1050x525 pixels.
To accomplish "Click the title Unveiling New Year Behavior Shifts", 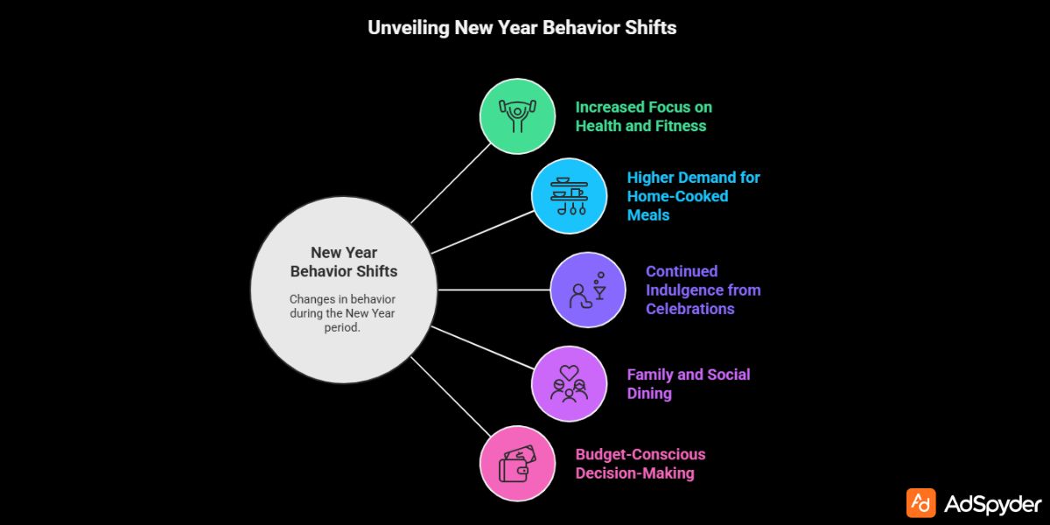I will pos(521,27).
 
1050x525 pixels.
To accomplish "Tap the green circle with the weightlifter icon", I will pos(517,115).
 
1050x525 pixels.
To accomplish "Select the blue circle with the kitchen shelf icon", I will pos(570,195).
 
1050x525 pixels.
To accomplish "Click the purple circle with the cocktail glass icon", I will pos(588,290).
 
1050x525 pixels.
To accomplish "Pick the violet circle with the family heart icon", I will pos(570,383).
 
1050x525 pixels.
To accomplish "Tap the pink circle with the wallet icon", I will pos(517,464).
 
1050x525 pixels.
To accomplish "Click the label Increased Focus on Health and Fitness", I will pos(643,116).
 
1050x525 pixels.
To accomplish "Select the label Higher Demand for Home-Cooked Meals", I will pos(693,196).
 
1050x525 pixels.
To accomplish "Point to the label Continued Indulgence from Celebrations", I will pos(703,290).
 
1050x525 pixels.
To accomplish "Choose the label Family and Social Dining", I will pos(688,383).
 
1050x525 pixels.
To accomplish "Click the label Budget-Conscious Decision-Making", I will pos(639,464).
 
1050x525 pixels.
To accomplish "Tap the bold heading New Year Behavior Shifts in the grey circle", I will pos(344,262).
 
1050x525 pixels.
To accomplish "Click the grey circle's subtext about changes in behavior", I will pos(342,312).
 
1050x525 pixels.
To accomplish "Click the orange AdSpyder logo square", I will pos(920,502).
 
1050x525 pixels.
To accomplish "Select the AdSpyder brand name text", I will pos(993,503).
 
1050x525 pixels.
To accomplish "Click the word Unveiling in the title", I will pos(407,27).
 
